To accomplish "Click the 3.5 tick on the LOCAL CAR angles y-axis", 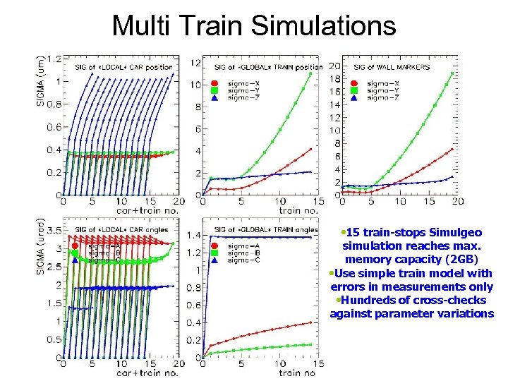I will (54, 230).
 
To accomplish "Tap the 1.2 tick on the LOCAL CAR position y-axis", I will (54, 59).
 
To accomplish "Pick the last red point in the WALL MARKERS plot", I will (452, 149).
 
